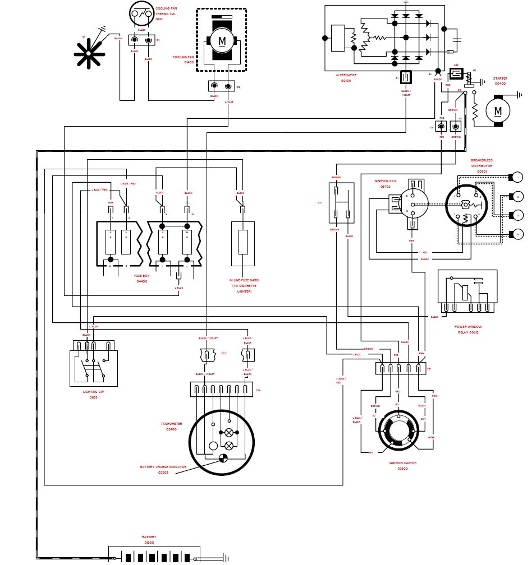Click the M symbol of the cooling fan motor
(x=222, y=41)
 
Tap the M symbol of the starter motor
(x=498, y=111)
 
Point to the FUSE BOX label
(x=141, y=276)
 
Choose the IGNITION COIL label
(x=386, y=182)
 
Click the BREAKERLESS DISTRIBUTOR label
(x=481, y=163)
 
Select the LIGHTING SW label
(x=93, y=392)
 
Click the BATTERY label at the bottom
(x=149, y=536)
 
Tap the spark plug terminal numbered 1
(x=516, y=178)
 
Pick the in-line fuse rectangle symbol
(x=243, y=242)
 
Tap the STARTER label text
(x=499, y=79)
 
